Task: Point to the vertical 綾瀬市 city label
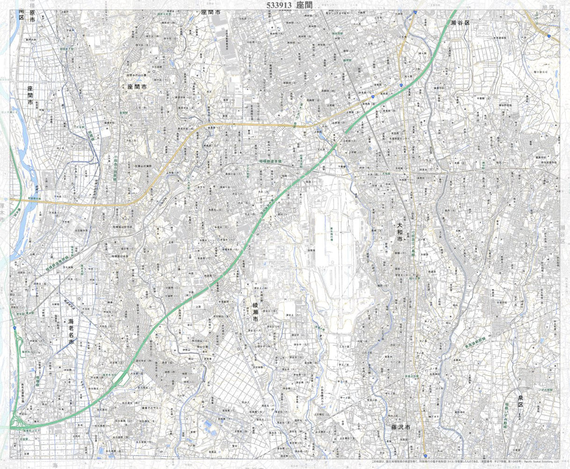click(x=255, y=311)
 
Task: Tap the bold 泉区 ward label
click(x=520, y=405)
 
